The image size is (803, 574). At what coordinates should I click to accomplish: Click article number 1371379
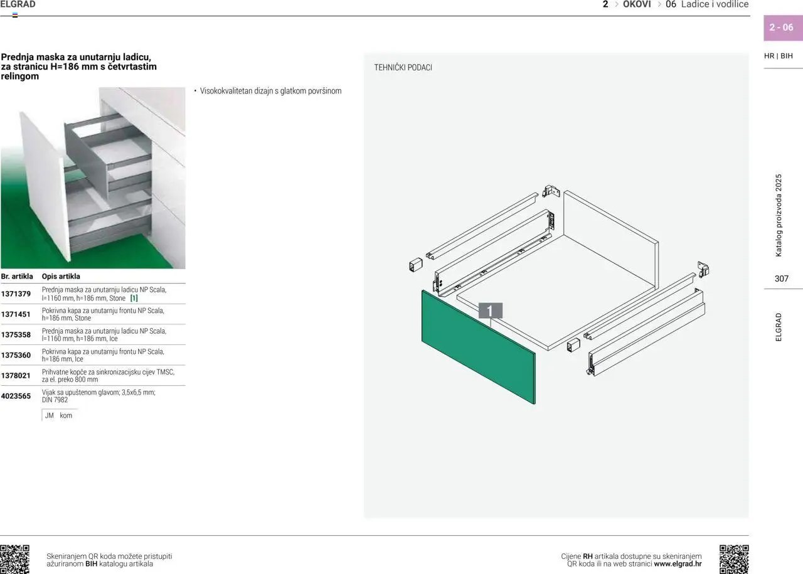[x=16, y=294]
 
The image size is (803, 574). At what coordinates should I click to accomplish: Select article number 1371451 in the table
[x=16, y=314]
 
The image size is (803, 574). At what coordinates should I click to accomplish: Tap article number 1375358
[x=16, y=335]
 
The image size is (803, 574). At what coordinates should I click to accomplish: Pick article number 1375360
[x=16, y=355]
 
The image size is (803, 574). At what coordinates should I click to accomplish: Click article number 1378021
[x=16, y=376]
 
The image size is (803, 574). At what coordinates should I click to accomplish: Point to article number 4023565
[x=16, y=396]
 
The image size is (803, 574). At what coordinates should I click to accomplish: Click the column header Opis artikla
[x=61, y=277]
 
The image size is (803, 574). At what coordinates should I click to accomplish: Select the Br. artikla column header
[x=17, y=277]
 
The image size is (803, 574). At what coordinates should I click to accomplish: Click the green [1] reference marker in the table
[x=134, y=298]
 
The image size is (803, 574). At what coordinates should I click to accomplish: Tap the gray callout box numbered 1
[x=491, y=311]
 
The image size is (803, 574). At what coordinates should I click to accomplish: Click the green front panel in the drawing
[x=478, y=347]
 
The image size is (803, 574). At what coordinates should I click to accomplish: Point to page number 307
[x=782, y=279]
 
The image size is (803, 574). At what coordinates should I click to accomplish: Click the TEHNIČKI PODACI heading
[x=403, y=67]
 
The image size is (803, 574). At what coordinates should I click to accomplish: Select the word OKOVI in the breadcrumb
[x=637, y=4]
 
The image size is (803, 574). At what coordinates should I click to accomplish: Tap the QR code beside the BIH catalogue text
[x=14, y=560]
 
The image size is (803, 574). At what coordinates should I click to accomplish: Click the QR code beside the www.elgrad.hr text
[x=734, y=560]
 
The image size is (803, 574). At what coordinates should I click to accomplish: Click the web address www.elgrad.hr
[x=678, y=564]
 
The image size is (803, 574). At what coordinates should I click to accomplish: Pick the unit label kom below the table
[x=66, y=415]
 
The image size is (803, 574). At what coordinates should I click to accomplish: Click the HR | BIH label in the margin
[x=779, y=56]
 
